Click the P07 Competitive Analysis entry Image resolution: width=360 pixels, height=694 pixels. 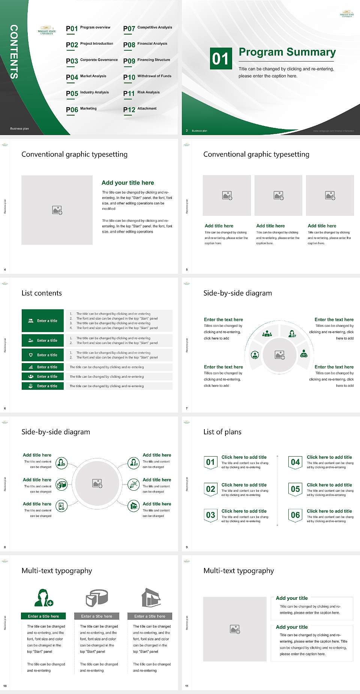[x=148, y=28]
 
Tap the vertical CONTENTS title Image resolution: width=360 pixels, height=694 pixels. [x=14, y=52]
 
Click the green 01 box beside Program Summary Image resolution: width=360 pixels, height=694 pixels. [x=220, y=59]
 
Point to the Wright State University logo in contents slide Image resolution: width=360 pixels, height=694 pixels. [x=47, y=30]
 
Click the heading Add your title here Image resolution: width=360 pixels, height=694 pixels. [x=127, y=183]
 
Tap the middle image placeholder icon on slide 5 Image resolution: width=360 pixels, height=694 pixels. [x=278, y=195]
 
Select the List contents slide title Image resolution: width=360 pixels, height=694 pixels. [x=42, y=293]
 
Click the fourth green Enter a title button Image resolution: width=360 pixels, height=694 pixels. [x=43, y=367]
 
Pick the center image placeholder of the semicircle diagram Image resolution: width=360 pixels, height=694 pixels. [x=280, y=355]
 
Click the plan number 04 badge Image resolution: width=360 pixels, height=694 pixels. [x=295, y=462]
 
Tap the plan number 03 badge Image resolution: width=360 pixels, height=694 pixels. [x=211, y=515]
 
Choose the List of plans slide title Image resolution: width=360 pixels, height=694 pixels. [x=222, y=432]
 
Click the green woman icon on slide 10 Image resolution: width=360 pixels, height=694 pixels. [x=43, y=598]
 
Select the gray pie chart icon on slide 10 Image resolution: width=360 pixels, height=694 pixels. [x=97, y=598]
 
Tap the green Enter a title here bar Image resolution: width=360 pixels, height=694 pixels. [x=43, y=616]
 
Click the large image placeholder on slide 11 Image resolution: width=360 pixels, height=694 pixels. [x=235, y=629]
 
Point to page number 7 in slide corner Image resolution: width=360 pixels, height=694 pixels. [x=187, y=408]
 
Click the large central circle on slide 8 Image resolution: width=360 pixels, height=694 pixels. [x=97, y=483]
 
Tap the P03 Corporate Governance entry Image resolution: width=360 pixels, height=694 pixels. [x=92, y=60]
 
